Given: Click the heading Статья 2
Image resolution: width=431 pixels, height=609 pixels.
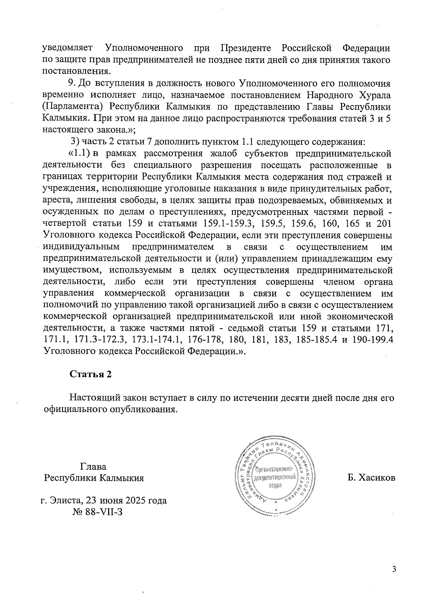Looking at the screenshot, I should [91, 374].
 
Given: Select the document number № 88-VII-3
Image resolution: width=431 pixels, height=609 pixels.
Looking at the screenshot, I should [98, 512].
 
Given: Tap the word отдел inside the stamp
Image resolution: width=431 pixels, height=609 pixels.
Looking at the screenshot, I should [275, 485].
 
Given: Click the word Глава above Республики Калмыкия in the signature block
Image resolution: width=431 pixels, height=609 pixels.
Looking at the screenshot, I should [93, 467].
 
